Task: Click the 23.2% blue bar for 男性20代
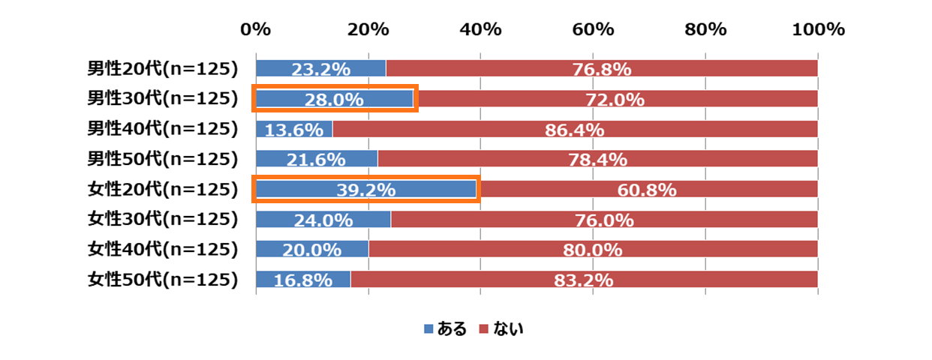coord(320,68)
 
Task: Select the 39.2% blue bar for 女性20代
coord(366,189)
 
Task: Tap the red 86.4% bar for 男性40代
coord(575,129)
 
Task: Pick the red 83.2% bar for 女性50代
coord(584,280)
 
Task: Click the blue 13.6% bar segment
coord(294,129)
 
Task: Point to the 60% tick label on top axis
coord(594,29)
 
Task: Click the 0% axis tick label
coord(255,29)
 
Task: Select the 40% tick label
coord(481,29)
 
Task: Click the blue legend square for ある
coord(428,328)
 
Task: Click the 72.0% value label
coord(615,99)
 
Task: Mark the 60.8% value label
coord(647,190)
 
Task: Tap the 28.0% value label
coord(334,99)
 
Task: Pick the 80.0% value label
coord(594,250)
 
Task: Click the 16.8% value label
coord(303,280)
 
